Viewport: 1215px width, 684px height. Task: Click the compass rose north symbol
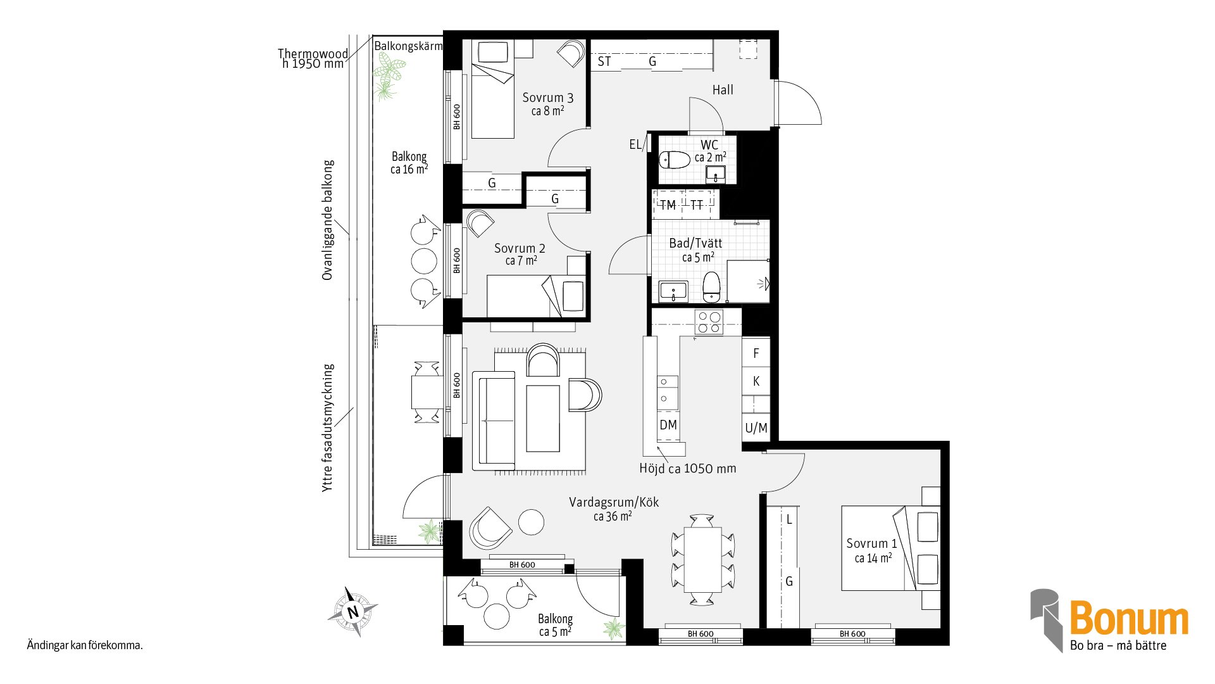(353, 612)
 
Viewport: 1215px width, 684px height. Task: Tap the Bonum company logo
(1109, 621)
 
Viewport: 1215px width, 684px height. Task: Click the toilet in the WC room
(674, 159)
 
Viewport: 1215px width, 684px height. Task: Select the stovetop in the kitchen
(709, 322)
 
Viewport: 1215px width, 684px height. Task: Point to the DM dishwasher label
(668, 425)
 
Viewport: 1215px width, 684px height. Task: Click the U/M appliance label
(756, 428)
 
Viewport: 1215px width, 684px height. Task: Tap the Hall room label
(723, 90)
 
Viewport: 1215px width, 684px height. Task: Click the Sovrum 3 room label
(548, 98)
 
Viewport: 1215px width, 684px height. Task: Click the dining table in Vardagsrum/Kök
(702, 559)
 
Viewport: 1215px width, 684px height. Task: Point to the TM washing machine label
(668, 205)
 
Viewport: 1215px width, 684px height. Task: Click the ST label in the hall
(604, 61)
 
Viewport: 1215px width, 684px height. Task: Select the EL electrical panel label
(635, 144)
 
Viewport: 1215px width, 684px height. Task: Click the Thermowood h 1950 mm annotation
(313, 58)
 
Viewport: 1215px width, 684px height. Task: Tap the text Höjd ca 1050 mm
(688, 469)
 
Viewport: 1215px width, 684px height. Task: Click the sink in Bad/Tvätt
(673, 291)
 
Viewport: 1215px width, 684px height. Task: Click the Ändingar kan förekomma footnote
(85, 646)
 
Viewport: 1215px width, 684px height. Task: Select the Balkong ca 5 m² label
(556, 625)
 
